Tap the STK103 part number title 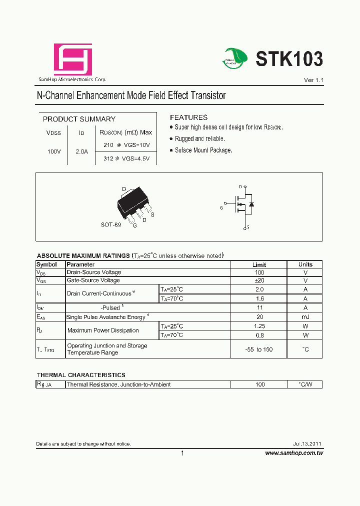pos(289,59)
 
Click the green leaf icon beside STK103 pos(235,58)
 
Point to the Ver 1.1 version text pos(313,80)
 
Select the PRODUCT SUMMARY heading pos(79,119)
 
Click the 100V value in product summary pos(54,151)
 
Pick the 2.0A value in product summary pos(81,151)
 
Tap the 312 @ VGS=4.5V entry pos(126,158)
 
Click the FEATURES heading pos(188,117)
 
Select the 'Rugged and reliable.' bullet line pos(199,139)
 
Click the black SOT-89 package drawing pos(132,203)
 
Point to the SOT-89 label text pos(110,225)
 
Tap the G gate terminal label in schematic pos(221,207)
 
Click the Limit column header pos(259,264)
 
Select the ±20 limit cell pos(258,280)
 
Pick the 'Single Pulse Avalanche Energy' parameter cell pos(107,317)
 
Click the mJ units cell pos(305,317)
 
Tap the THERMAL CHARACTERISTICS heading pos(81,374)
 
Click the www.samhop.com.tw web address pos(294,453)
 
